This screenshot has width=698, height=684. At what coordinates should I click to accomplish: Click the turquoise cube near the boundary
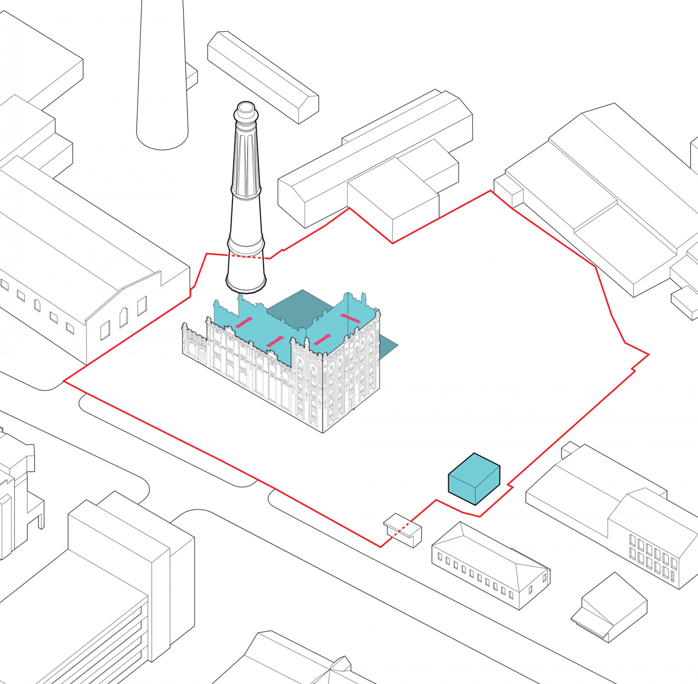click(x=474, y=479)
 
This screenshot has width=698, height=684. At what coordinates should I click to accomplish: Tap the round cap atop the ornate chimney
click(x=246, y=109)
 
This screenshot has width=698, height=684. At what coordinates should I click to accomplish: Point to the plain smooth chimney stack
click(x=162, y=73)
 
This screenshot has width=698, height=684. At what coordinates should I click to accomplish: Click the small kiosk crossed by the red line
click(x=403, y=530)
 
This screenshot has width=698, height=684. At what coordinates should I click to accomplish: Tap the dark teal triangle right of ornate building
click(x=387, y=347)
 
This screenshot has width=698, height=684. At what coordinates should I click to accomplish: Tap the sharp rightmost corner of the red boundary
click(x=648, y=355)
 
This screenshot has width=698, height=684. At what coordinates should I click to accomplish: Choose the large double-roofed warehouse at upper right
click(x=606, y=194)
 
